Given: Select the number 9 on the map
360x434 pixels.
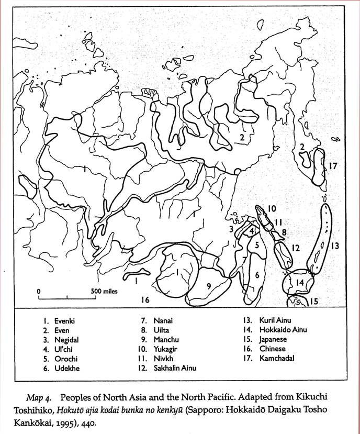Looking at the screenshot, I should click(x=208, y=286).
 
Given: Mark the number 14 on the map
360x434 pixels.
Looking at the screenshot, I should click(x=299, y=283).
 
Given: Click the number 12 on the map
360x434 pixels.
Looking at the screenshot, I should click(x=295, y=248).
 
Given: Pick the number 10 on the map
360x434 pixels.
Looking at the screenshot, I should click(x=272, y=208).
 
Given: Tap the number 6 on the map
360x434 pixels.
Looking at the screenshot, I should click(x=257, y=274).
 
